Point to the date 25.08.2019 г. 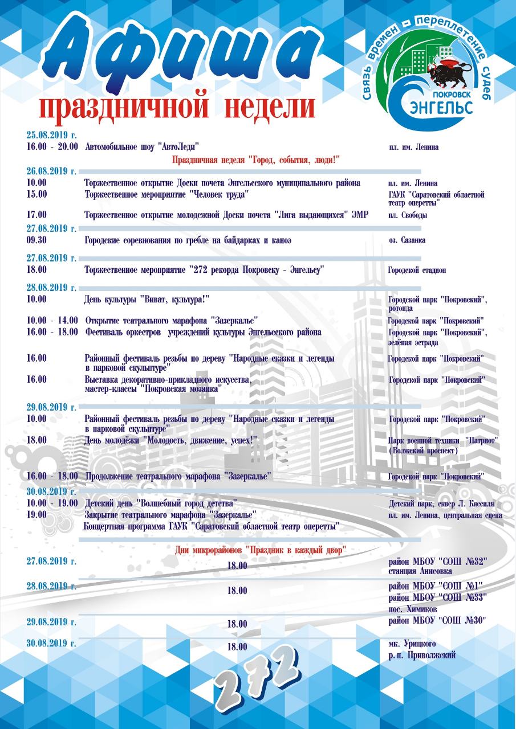51,136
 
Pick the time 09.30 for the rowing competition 36,240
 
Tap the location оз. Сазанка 407,240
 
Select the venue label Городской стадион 417,270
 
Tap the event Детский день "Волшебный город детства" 161,504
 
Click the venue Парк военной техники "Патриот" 443,441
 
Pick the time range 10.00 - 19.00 52,503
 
